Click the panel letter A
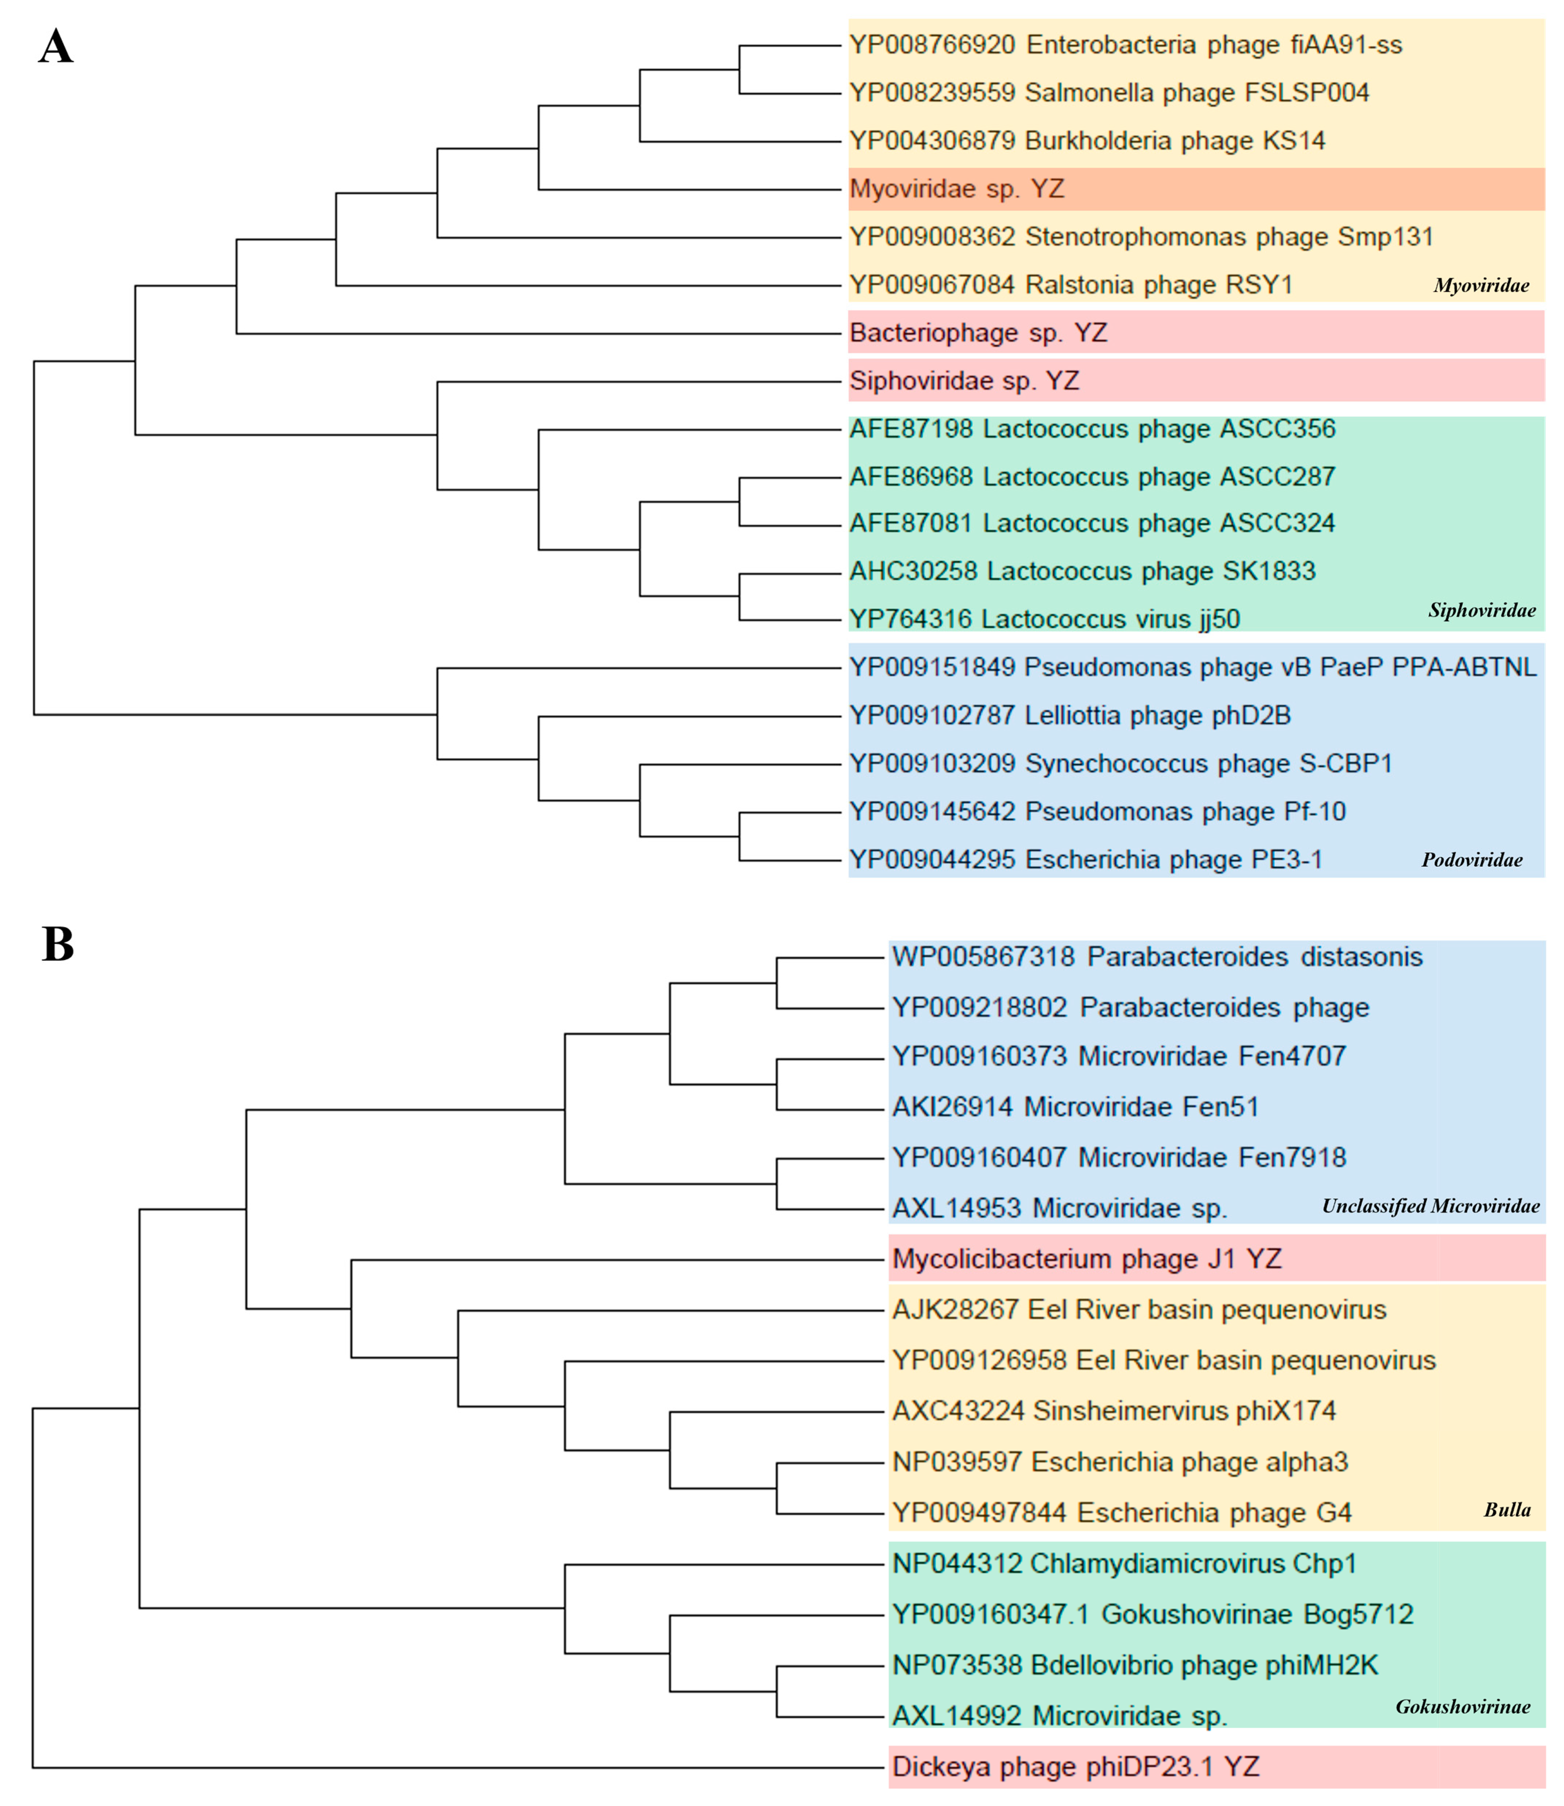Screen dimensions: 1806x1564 tap(56, 47)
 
